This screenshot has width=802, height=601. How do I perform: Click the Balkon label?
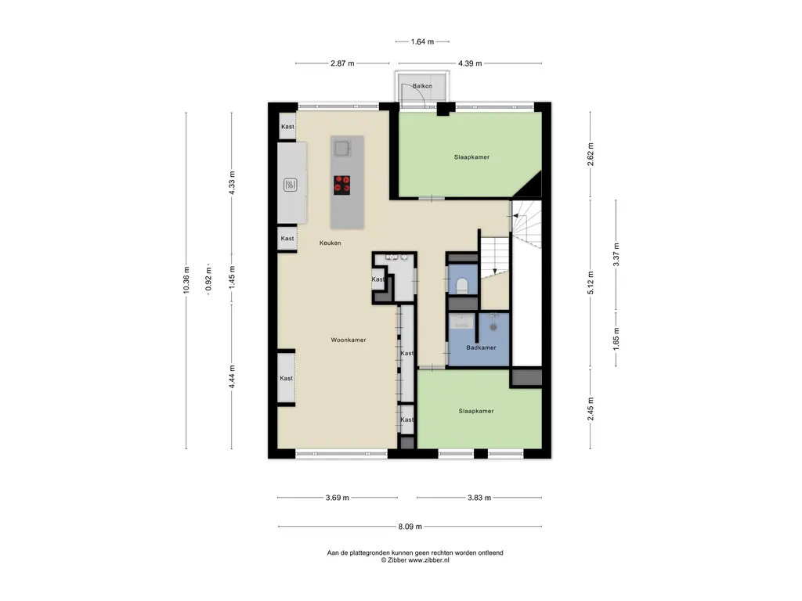pyautogui.click(x=422, y=86)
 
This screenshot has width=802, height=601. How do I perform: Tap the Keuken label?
pyautogui.click(x=330, y=243)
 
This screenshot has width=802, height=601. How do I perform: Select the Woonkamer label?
pyautogui.click(x=349, y=340)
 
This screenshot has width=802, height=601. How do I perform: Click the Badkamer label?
pyautogui.click(x=482, y=347)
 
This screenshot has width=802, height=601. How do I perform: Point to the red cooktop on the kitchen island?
pyautogui.click(x=341, y=185)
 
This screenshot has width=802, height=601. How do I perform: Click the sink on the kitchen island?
pyautogui.click(x=342, y=148)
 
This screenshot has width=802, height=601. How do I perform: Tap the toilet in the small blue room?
pyautogui.click(x=462, y=285)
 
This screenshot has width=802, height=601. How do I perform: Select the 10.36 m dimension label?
pyautogui.click(x=186, y=280)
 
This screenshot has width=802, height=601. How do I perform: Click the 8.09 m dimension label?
pyautogui.click(x=410, y=527)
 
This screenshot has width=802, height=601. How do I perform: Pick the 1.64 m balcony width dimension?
pyautogui.click(x=422, y=41)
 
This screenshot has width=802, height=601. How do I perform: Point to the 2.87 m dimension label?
pyautogui.click(x=342, y=63)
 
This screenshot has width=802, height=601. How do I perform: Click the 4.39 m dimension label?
pyautogui.click(x=470, y=63)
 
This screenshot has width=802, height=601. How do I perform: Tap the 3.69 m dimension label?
pyautogui.click(x=337, y=497)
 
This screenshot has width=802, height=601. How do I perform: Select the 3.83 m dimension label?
pyautogui.click(x=479, y=497)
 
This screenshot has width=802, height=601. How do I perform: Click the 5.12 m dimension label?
pyautogui.click(x=591, y=283)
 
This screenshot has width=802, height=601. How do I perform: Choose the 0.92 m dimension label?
pyautogui.click(x=208, y=279)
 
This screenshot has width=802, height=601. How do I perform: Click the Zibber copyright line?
pyautogui.click(x=415, y=560)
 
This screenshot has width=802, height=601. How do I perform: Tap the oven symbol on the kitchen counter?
pyautogui.click(x=291, y=185)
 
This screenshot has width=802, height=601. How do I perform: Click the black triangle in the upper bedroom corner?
pyautogui.click(x=531, y=186)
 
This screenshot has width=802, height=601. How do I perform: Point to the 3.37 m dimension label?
pyautogui.click(x=616, y=254)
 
